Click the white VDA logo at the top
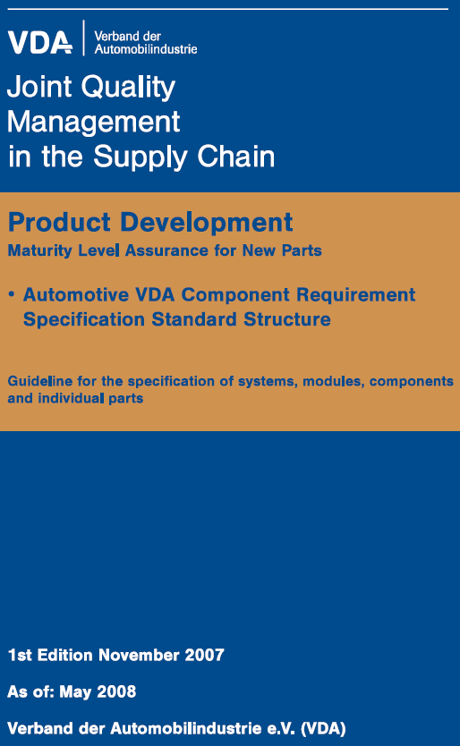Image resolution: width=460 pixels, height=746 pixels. click(40, 42)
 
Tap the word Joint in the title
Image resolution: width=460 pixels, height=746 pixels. click(39, 87)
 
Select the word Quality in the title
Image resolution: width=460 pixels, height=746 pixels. click(128, 88)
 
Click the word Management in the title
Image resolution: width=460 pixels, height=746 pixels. click(93, 122)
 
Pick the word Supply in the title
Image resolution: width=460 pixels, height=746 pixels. click(140, 157)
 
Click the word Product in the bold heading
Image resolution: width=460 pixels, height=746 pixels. click(60, 222)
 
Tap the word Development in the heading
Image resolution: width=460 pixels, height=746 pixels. click(206, 223)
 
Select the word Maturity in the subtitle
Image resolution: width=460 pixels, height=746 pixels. click(40, 250)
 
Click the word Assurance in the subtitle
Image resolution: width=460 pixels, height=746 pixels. click(166, 250)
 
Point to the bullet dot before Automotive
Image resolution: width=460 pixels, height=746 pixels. click(12, 294)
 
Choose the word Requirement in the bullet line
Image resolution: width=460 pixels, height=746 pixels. click(355, 295)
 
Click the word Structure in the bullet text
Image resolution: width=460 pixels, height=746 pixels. click(286, 319)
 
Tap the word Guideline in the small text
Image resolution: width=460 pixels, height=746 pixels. click(40, 381)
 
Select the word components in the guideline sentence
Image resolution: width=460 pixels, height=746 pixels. click(412, 382)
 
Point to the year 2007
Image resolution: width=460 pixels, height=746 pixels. click(204, 655)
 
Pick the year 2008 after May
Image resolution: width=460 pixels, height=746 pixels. click(116, 691)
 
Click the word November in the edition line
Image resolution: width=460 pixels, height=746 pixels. click(139, 655)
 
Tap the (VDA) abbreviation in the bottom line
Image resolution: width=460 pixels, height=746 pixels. click(323, 728)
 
